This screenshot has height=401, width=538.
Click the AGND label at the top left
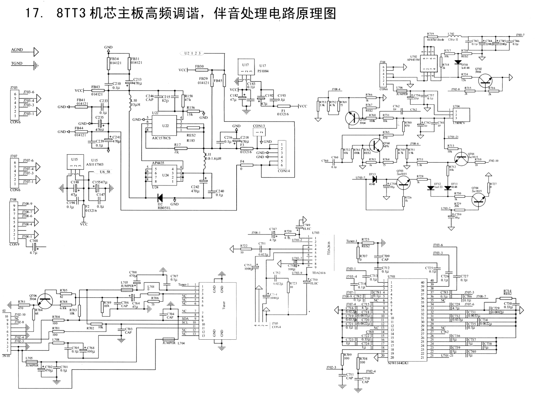click(x=17, y=50)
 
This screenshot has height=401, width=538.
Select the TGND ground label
click(x=17, y=63)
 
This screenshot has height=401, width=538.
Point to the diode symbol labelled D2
click(x=160, y=198)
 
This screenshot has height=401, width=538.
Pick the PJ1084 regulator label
click(x=262, y=71)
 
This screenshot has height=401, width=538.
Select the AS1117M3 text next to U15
click(x=94, y=164)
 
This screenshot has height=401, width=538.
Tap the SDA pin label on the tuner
click(x=185, y=318)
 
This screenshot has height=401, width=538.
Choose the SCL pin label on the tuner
click(x=185, y=322)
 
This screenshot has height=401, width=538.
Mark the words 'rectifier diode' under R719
click(x=436, y=40)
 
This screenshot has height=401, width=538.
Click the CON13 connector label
click(x=259, y=126)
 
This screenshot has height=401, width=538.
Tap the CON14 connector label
click(x=284, y=171)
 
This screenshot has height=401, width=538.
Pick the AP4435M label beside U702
click(x=414, y=59)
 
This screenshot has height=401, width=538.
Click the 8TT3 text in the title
click(x=71, y=14)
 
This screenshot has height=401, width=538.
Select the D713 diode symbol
click(x=374, y=179)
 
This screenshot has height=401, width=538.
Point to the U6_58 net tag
click(x=105, y=172)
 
